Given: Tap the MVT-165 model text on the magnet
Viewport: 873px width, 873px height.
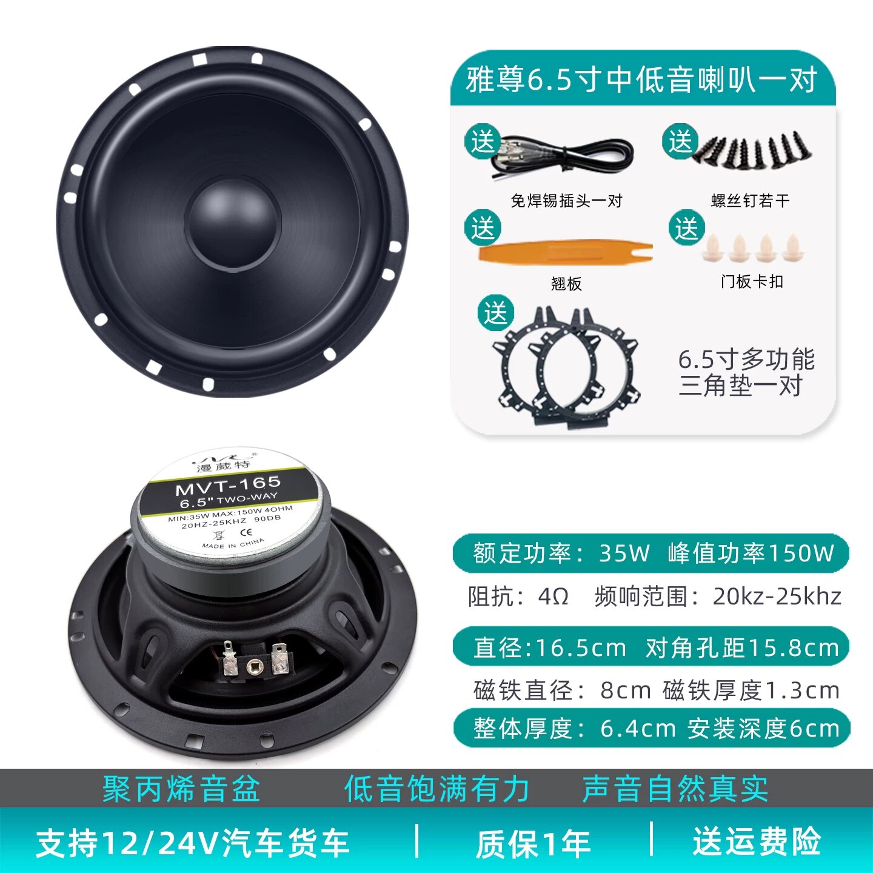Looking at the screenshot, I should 229,486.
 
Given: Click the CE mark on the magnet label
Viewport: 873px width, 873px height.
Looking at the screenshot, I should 246,532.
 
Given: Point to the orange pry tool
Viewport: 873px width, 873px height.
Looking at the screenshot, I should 564,252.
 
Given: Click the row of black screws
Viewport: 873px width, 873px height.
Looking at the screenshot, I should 752,150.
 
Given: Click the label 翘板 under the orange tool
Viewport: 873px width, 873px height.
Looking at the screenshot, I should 566,284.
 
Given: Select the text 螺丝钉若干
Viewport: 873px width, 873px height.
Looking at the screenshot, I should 750,201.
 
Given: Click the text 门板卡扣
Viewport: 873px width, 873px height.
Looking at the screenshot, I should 752,281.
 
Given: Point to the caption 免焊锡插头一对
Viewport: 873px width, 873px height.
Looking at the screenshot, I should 566,201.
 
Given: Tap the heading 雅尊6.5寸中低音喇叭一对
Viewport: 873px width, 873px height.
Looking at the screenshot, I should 641,79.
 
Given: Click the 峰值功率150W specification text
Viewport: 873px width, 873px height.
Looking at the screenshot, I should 751,553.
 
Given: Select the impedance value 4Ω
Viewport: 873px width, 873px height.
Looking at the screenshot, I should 553,597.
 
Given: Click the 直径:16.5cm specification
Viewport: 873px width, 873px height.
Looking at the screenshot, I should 549,647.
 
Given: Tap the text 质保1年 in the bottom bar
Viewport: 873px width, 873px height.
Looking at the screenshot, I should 532,843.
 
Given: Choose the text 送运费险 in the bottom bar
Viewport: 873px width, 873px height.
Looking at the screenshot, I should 757,841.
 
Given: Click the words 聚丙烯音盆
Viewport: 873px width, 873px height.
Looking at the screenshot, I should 181,789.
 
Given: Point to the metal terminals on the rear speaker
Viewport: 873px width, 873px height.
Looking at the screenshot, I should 255,660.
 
